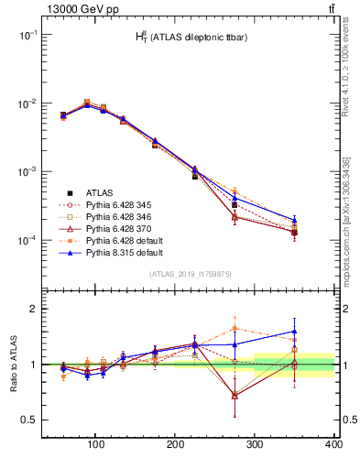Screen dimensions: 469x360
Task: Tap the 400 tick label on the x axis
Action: [334, 445]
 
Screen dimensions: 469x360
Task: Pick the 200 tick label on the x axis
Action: [175, 445]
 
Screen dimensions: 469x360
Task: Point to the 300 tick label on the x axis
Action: [255, 445]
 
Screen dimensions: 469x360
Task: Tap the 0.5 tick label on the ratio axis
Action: [26, 420]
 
